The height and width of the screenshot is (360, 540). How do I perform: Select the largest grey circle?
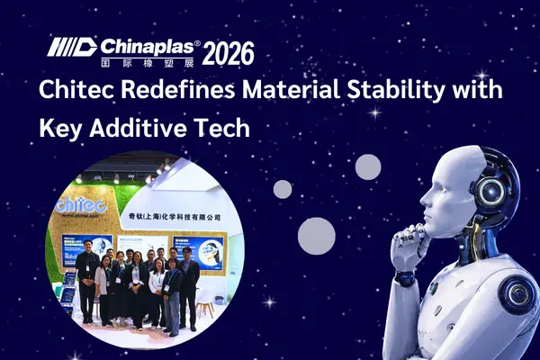[x=316, y=236]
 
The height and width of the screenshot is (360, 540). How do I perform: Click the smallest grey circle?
[x=283, y=189]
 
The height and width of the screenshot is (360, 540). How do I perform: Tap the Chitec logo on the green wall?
[x=83, y=205]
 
